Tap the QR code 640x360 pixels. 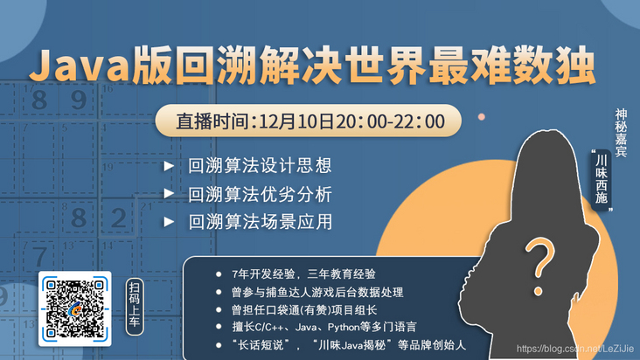[x=74, y=308]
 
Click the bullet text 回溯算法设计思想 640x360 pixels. [x=260, y=165]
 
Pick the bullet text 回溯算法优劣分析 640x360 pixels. [x=260, y=193]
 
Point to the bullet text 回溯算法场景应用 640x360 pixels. [x=260, y=221]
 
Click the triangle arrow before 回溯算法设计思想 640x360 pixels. [x=168, y=165]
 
